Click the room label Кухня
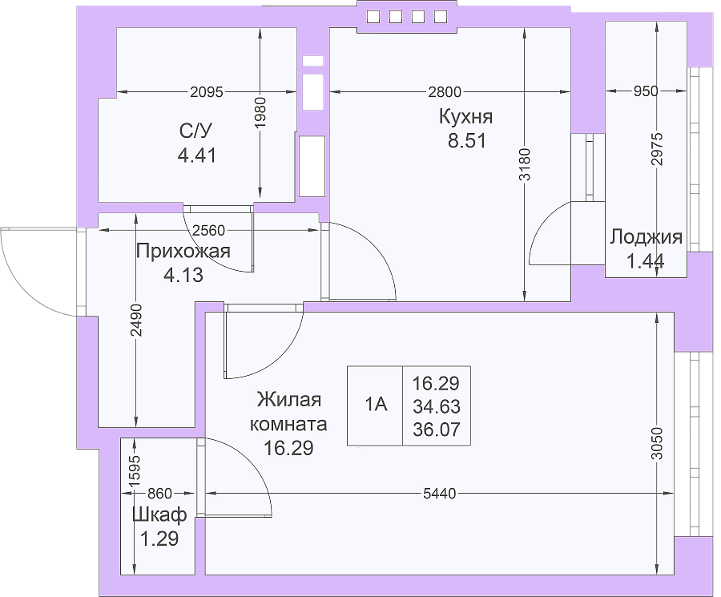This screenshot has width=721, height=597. (x=465, y=117)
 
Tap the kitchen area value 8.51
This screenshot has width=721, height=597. (x=467, y=141)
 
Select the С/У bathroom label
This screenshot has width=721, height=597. (x=196, y=131)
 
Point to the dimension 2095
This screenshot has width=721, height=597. (x=207, y=92)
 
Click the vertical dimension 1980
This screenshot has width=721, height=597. (x=260, y=112)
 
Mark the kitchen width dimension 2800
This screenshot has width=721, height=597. (x=445, y=92)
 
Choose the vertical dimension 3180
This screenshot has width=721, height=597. (x=525, y=164)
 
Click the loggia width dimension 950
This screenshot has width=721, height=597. (x=646, y=91)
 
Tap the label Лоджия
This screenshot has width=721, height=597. (x=646, y=237)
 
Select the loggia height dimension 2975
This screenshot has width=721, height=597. (x=657, y=149)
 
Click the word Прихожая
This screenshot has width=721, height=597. (x=183, y=252)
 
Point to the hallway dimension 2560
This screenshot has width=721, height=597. (x=209, y=230)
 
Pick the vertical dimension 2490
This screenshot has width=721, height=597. (x=136, y=320)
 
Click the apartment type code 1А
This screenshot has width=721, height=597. (x=376, y=405)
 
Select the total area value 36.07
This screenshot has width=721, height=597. (x=437, y=430)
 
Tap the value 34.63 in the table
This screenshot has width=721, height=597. (x=437, y=406)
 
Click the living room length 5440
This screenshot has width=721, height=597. (x=440, y=494)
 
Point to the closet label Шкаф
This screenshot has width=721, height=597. (x=159, y=514)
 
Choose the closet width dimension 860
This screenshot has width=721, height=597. (x=159, y=494)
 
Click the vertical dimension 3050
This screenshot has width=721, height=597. (x=657, y=443)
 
